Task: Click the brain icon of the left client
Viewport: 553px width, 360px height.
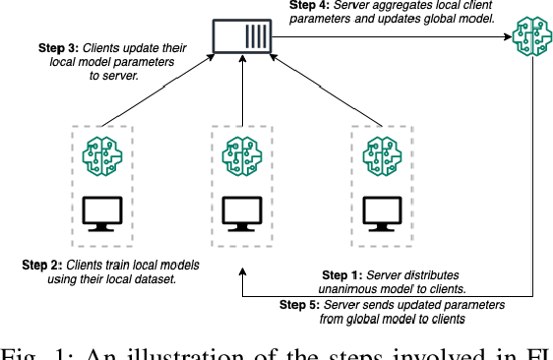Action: click(100, 156)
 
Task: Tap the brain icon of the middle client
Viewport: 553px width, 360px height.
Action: click(240, 156)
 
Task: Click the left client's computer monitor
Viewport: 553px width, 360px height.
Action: click(100, 211)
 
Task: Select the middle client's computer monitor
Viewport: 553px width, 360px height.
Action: click(240, 211)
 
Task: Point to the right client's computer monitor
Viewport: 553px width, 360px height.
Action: click(380, 211)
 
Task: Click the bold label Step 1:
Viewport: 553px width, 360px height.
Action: click(344, 275)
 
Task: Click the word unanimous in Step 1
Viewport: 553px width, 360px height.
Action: click(352, 289)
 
